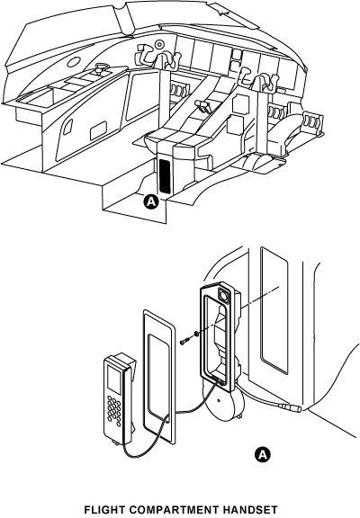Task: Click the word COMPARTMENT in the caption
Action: point(172,510)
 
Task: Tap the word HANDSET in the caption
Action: point(249,510)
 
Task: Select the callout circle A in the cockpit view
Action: point(151,201)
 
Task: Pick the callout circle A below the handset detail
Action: point(262,455)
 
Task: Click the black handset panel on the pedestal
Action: point(165,176)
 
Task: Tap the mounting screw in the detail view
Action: point(184,341)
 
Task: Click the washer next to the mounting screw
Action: point(196,335)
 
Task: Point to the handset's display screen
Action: point(112,378)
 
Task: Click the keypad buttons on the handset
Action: point(113,412)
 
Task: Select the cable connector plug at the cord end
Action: point(291,407)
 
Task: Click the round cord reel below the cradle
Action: point(224,401)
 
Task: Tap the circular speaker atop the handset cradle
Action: point(224,295)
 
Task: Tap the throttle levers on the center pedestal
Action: point(202,106)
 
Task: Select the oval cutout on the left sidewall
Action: point(74,62)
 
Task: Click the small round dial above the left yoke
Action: point(159,43)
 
